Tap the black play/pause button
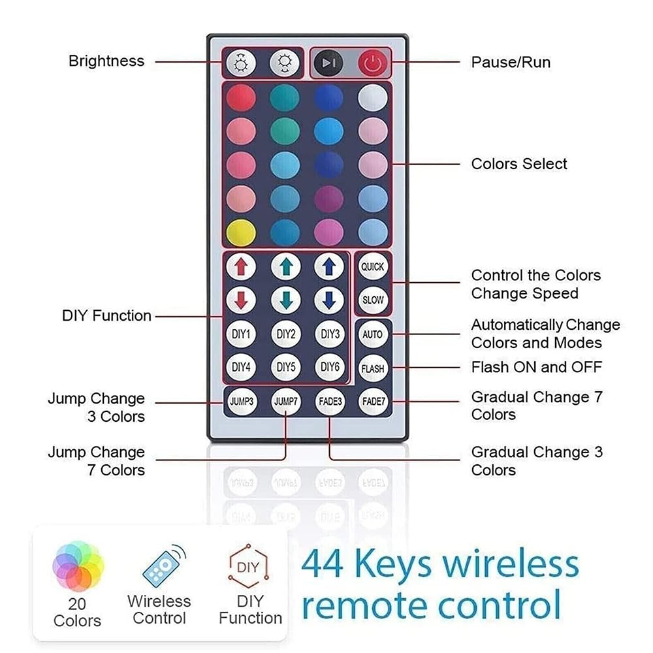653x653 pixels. point(328,63)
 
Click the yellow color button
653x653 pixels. point(241,232)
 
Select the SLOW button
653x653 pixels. point(373,300)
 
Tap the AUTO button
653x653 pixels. point(373,334)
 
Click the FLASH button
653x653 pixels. point(373,368)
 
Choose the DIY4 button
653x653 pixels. point(241,367)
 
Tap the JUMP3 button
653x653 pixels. point(242,402)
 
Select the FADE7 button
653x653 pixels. point(374,402)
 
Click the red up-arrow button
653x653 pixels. point(241,266)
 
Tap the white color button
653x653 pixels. point(373,98)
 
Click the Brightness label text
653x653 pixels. point(106,61)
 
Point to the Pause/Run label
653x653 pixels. point(511,63)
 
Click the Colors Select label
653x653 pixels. point(519,164)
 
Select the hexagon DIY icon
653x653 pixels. point(248,566)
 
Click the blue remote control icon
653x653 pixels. point(164,565)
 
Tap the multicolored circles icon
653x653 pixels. point(78,566)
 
